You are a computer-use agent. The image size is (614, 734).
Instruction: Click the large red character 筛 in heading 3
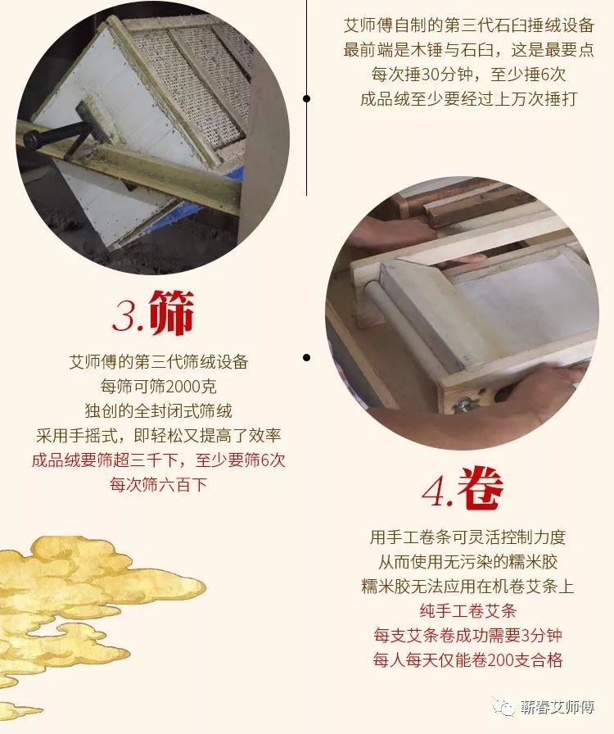pyautogui.click(x=172, y=312)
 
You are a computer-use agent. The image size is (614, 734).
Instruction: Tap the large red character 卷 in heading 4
pyautogui.click(x=481, y=487)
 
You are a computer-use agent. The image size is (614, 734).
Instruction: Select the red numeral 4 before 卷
pyautogui.click(x=436, y=492)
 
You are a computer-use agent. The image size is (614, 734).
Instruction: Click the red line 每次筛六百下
pyautogui.click(x=158, y=484)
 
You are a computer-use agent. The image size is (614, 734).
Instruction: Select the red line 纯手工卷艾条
pyautogui.click(x=468, y=611)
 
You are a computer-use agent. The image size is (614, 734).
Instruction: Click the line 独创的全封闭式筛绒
pyautogui.click(x=158, y=411)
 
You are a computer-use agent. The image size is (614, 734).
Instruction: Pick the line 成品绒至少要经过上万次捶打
pyautogui.click(x=468, y=99)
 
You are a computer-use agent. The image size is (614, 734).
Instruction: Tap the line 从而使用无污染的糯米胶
pyautogui.click(x=468, y=562)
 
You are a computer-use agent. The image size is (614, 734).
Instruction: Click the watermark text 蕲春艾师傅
pyautogui.click(x=557, y=706)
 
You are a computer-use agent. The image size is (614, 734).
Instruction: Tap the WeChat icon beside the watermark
pyautogui.click(x=505, y=707)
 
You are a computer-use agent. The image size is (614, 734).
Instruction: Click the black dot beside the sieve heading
pyautogui.click(x=306, y=358)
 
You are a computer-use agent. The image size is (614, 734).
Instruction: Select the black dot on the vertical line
pyautogui.click(x=306, y=98)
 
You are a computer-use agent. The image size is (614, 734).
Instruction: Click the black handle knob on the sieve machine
pyautogui.click(x=32, y=139)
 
